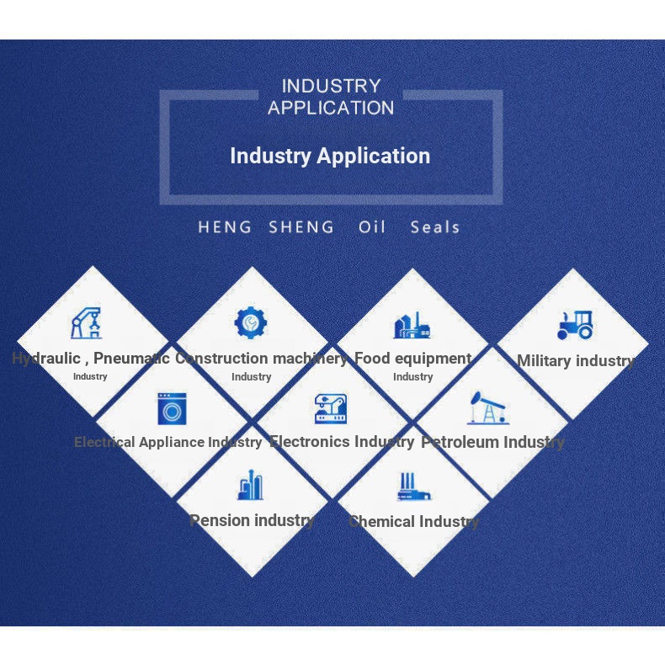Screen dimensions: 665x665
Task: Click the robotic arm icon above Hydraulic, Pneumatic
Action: (x=87, y=323)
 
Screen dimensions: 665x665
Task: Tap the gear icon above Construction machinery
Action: (x=251, y=322)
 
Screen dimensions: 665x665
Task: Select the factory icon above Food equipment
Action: (x=412, y=325)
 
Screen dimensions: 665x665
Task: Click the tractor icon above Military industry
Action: (x=575, y=325)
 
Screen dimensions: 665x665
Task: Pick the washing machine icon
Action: (x=172, y=409)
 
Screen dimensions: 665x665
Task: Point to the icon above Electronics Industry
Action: (x=331, y=408)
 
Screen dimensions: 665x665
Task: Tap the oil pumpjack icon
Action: (x=487, y=408)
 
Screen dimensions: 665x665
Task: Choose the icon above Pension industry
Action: (x=250, y=485)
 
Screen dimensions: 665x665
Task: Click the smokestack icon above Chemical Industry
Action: (x=413, y=487)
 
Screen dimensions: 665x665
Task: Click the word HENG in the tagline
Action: (x=225, y=227)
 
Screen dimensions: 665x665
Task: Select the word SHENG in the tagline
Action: (x=301, y=227)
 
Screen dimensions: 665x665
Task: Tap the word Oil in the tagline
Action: (x=372, y=227)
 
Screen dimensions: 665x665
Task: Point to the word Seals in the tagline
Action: (x=435, y=227)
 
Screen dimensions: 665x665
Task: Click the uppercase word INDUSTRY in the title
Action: (x=331, y=86)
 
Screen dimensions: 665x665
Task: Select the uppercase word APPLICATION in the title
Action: (x=331, y=108)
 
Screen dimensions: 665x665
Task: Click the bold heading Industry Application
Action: (x=330, y=156)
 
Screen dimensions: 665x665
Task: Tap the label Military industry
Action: (x=576, y=361)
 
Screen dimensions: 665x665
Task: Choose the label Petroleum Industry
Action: (x=492, y=442)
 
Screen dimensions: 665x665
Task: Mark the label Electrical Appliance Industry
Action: (x=168, y=442)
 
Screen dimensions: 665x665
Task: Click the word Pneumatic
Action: (x=131, y=359)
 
